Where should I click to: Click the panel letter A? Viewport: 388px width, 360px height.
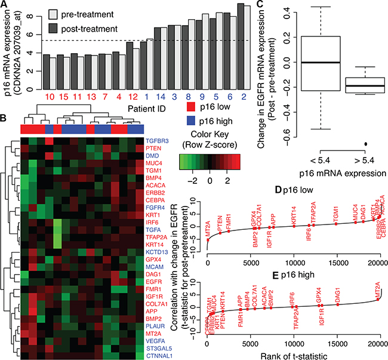pyautogui.click(x=5, y=5)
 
